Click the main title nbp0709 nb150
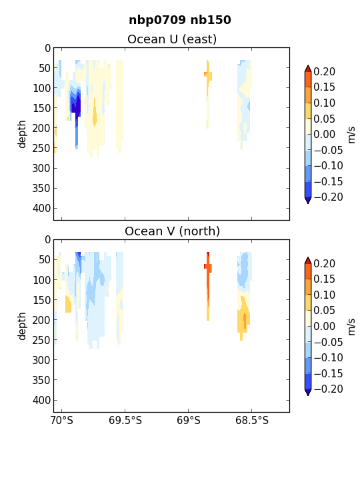(180, 20)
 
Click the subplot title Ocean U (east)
(172, 39)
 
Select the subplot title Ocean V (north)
(173, 231)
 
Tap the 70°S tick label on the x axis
(62, 421)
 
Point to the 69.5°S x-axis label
(125, 421)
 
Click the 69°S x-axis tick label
(188, 421)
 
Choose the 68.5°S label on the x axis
(251, 421)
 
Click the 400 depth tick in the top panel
(41, 209)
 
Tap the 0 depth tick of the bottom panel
(47, 240)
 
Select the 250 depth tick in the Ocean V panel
(41, 340)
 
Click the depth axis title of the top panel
(22, 134)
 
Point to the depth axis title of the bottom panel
(22, 326)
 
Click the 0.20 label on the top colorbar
(324, 71)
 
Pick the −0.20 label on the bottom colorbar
(328, 389)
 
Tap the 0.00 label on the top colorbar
(324, 135)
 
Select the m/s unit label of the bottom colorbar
(351, 327)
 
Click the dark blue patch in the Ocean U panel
(76, 105)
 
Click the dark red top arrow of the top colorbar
(308, 68)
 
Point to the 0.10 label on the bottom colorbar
(324, 295)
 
